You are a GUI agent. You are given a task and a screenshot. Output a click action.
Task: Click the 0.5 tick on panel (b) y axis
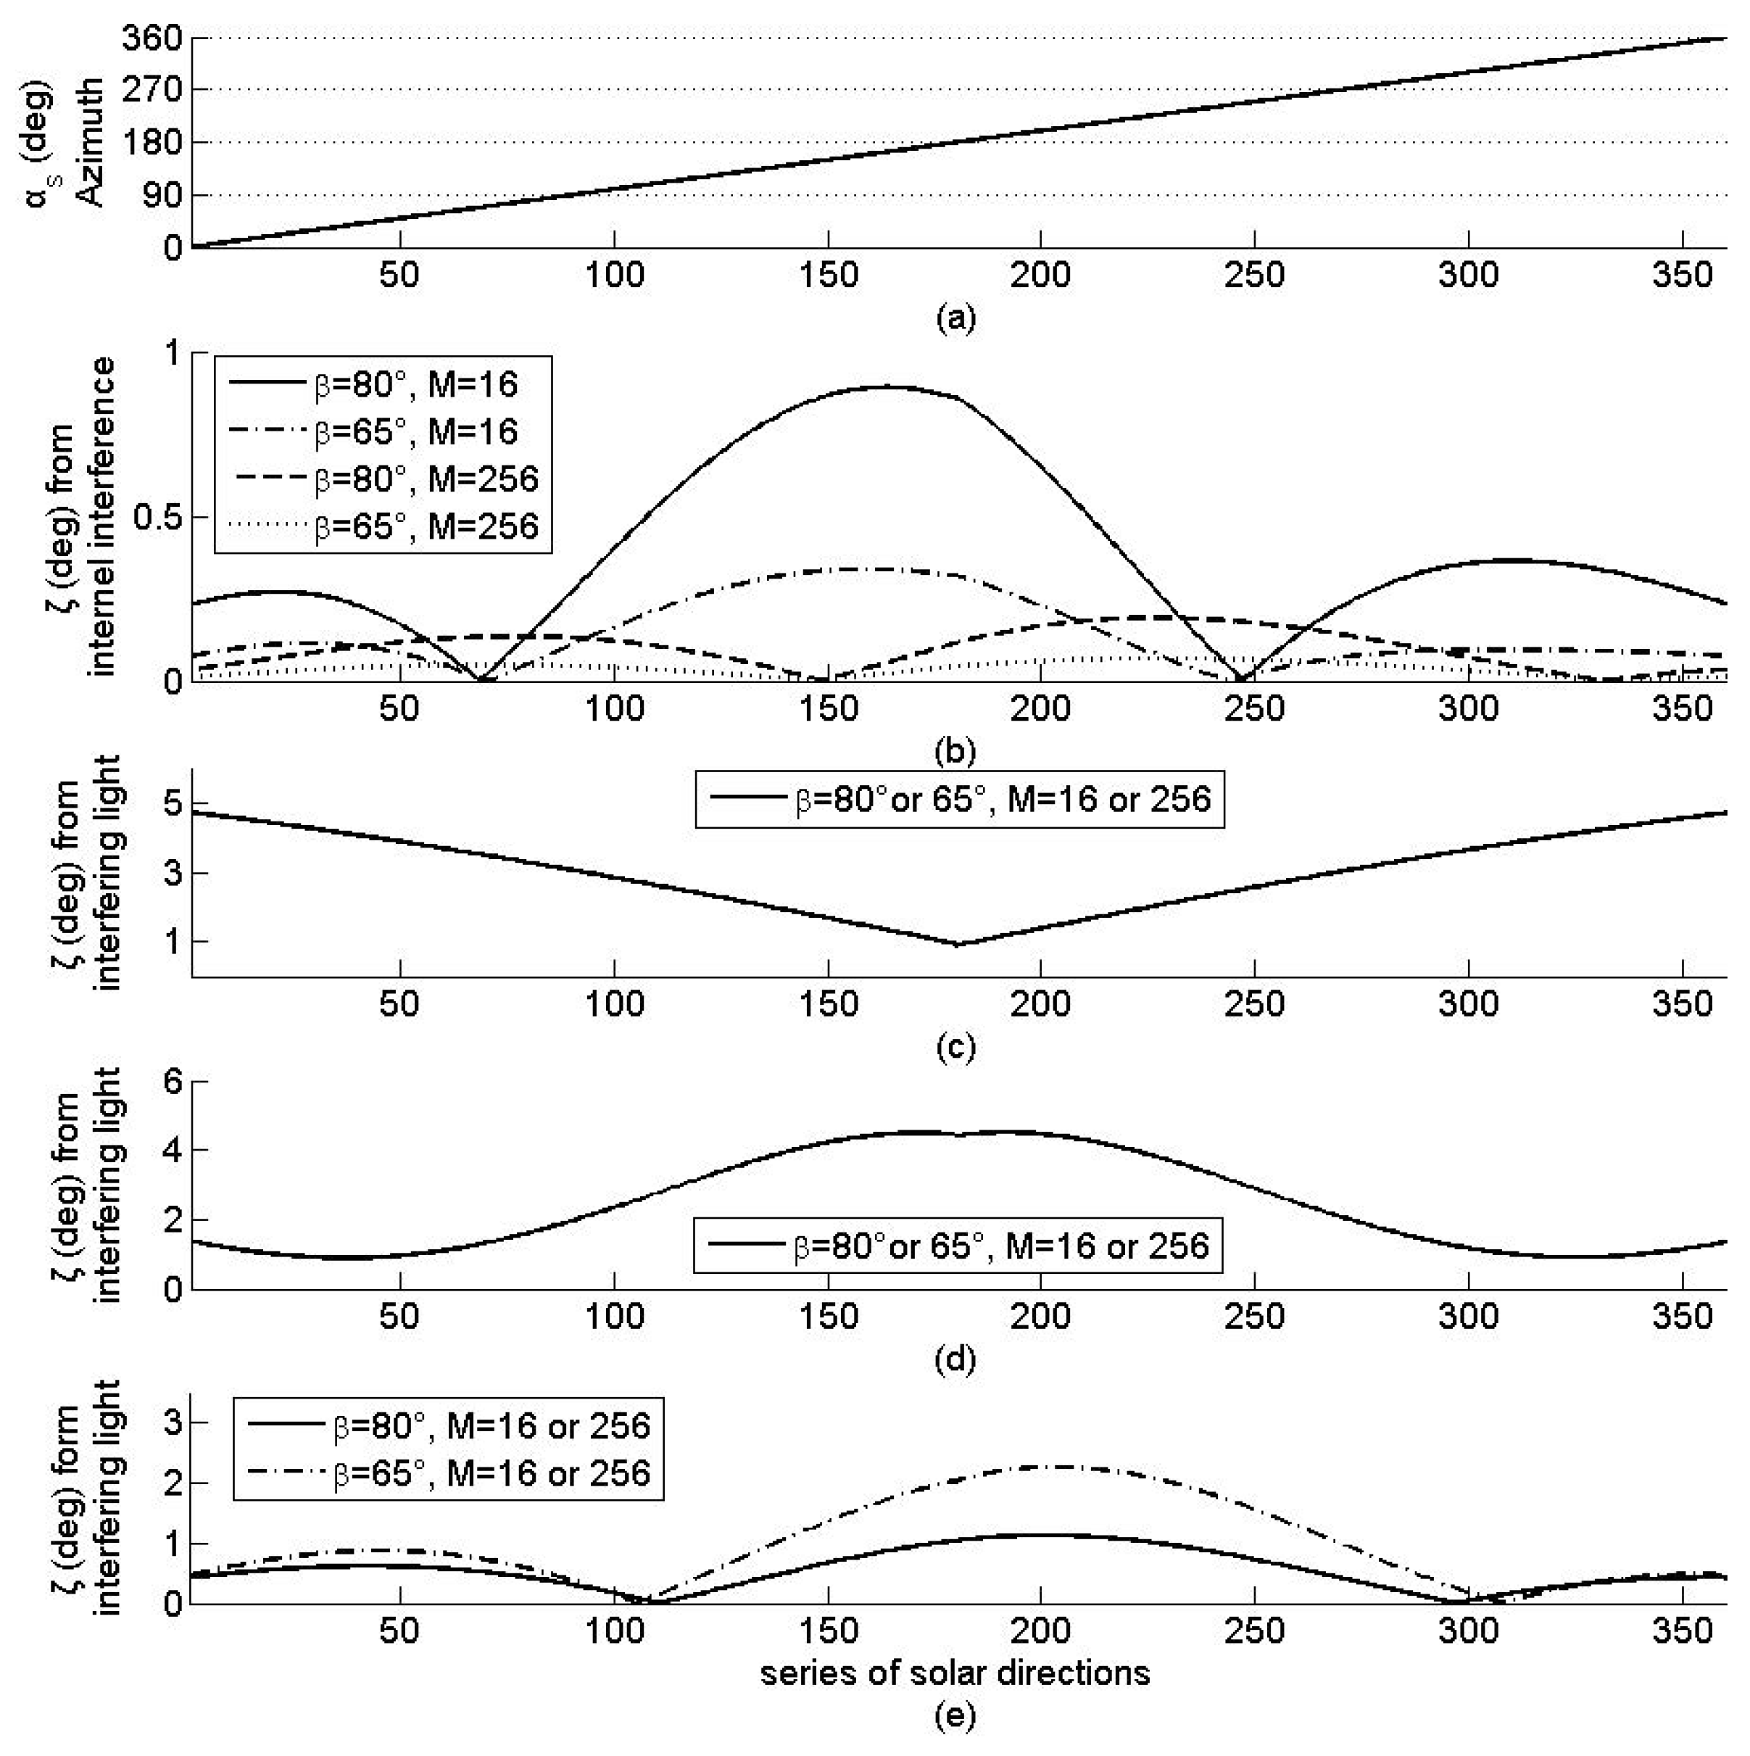point(157,517)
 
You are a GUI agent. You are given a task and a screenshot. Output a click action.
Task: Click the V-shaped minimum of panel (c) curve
point(957,945)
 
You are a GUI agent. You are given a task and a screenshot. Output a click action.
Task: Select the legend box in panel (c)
point(960,799)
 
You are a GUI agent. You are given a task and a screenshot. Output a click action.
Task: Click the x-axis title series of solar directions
point(955,1673)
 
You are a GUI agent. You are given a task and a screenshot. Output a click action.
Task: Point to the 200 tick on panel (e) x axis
point(1040,1631)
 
